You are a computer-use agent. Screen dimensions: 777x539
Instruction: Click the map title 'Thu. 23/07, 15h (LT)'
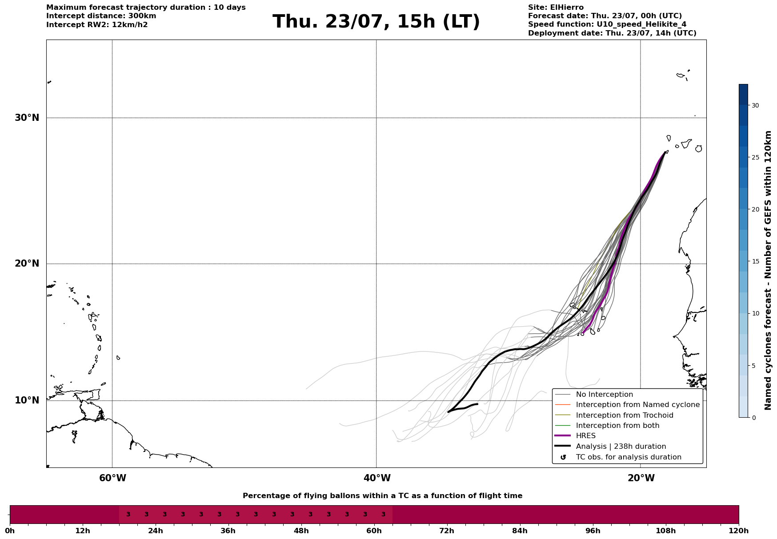click(x=376, y=22)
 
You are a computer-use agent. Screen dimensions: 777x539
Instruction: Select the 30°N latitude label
click(x=27, y=118)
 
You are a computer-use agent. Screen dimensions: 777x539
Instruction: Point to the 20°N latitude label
click(x=27, y=264)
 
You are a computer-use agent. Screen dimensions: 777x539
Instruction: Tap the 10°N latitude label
click(x=27, y=400)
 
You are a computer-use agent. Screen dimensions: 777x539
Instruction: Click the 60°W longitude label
click(x=112, y=478)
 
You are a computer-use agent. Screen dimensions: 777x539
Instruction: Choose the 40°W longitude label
click(x=377, y=478)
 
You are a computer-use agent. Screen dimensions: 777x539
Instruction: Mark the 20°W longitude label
click(x=641, y=478)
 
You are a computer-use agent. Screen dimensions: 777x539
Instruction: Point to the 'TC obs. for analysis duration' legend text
click(x=629, y=457)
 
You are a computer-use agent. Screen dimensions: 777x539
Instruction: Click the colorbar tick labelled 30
click(x=755, y=105)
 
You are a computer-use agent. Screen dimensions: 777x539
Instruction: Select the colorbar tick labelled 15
click(x=755, y=261)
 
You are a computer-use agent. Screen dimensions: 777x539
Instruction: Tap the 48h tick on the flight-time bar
click(x=301, y=531)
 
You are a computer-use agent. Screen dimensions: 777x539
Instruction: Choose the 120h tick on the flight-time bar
click(x=739, y=531)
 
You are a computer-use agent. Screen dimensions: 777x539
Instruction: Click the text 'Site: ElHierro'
click(x=556, y=8)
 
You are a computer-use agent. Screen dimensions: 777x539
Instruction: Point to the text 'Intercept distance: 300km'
click(x=101, y=16)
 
